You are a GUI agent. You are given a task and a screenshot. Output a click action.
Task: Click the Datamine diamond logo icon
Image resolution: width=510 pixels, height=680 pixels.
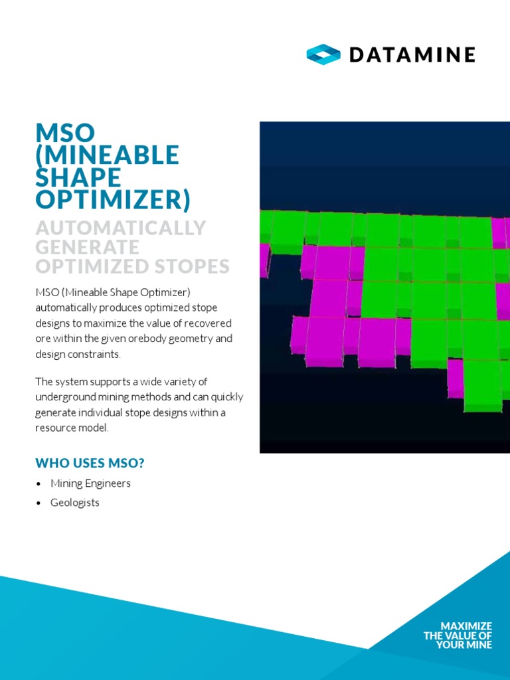323,54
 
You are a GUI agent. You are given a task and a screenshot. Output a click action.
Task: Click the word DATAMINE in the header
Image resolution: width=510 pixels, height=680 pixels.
412,55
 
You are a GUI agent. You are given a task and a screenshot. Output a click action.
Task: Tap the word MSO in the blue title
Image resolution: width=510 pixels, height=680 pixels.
66,133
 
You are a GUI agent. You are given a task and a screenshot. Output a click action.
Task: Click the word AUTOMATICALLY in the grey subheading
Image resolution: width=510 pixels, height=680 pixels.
121,228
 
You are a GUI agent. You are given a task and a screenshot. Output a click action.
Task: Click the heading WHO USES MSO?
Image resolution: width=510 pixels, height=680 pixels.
90,463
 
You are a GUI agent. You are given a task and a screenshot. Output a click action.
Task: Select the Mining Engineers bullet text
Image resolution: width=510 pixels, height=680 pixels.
90,483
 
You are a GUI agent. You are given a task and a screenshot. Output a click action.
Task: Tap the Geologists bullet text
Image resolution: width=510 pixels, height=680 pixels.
75,503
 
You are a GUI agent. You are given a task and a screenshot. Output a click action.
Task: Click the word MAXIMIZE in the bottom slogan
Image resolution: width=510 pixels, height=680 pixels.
466,626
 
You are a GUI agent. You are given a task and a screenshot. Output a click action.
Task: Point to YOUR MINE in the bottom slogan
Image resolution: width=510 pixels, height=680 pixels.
464,645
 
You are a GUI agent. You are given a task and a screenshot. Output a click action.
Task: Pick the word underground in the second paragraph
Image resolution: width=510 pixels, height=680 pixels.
65,397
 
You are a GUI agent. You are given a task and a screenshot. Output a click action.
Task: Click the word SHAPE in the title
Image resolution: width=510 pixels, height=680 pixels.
78,177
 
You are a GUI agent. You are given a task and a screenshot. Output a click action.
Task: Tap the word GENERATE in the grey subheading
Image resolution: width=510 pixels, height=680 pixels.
87,247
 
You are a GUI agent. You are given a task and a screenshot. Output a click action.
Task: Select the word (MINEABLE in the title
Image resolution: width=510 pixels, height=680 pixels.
107,155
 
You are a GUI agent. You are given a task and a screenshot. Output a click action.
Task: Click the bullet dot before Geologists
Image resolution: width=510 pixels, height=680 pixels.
39,503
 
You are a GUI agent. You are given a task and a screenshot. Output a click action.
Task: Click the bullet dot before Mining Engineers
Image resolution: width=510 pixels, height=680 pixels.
39,484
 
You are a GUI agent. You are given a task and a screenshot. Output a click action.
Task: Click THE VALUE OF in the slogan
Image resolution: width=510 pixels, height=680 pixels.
458,636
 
